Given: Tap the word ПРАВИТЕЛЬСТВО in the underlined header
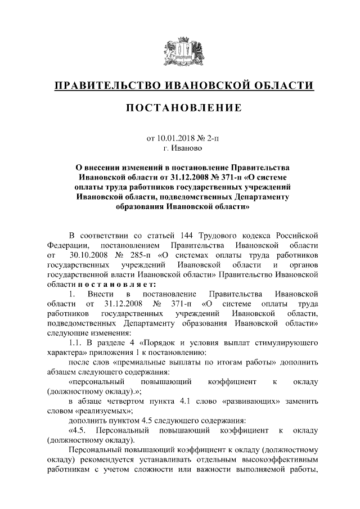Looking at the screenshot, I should (x=106, y=85).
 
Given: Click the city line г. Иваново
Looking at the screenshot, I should (x=181, y=149).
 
